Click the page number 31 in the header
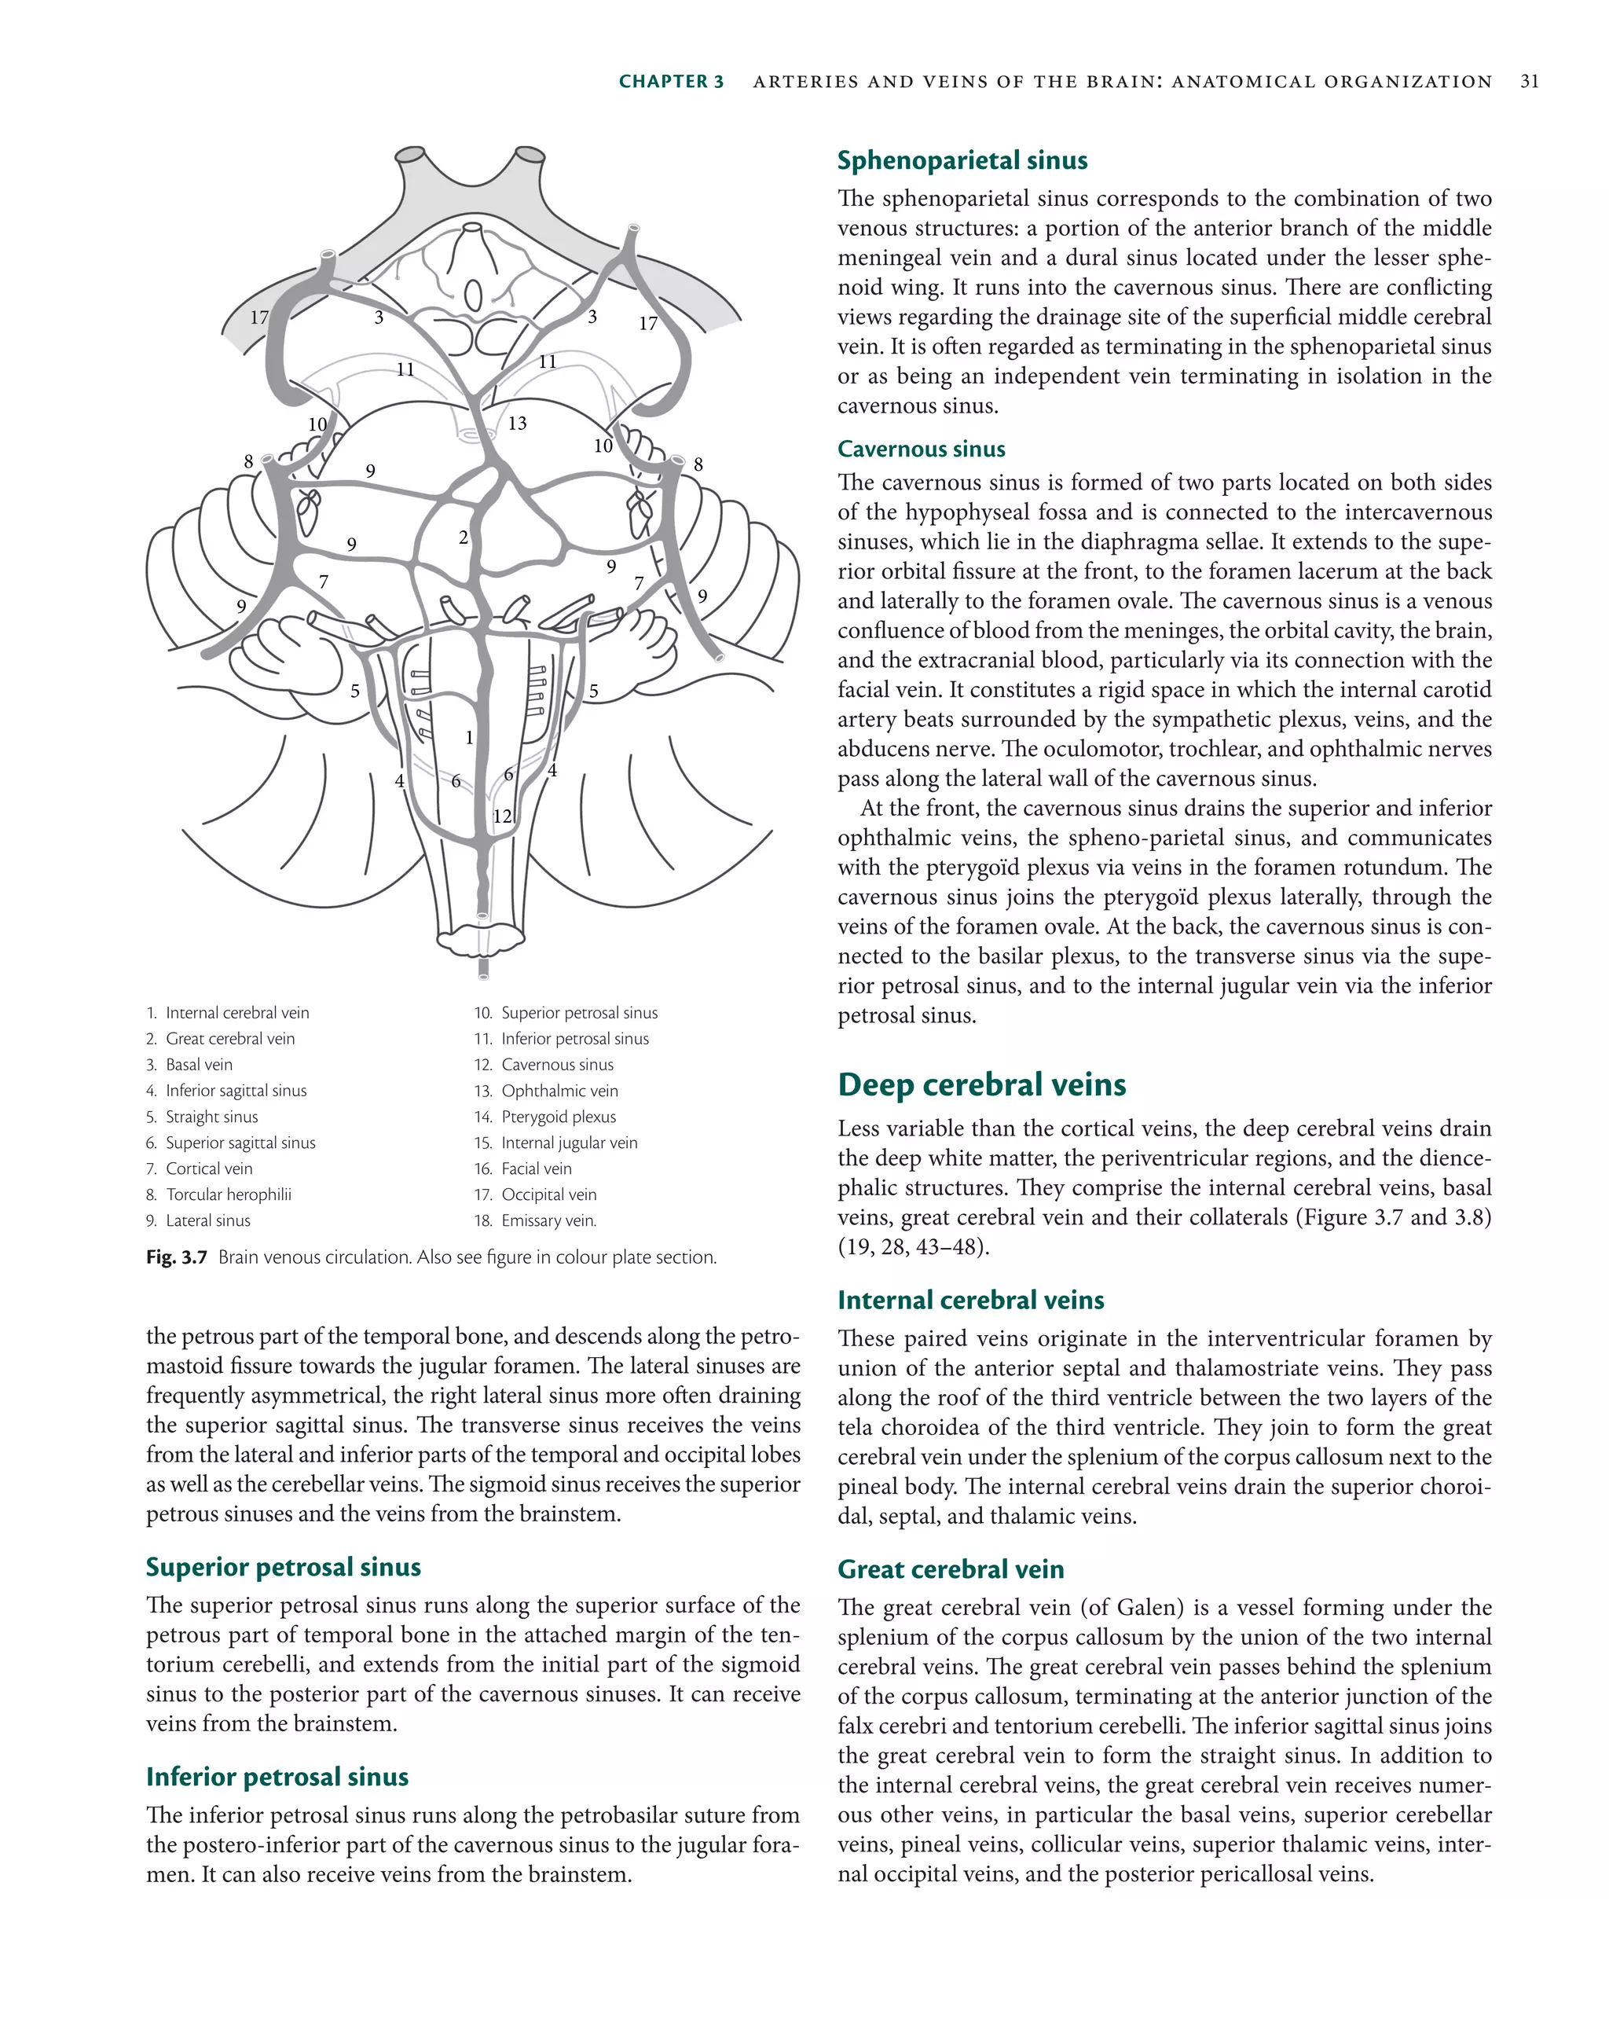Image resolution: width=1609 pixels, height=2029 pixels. tap(1529, 82)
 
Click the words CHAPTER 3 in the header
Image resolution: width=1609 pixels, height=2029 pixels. tap(671, 82)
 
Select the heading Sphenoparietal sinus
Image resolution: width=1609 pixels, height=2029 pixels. tap(962, 161)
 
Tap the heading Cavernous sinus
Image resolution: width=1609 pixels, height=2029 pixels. tap(920, 449)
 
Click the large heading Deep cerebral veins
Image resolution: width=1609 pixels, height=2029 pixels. tap(981, 1084)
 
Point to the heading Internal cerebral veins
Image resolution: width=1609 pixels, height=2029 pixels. tap(970, 1300)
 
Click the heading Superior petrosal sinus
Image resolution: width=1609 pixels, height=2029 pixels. tap(283, 1566)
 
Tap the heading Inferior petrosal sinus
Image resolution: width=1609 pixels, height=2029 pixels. tap(277, 1776)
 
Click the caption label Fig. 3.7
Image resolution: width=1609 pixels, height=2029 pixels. tap(176, 1257)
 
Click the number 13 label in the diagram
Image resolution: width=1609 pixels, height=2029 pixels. tap(518, 424)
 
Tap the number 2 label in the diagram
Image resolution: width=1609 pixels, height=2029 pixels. tap(463, 538)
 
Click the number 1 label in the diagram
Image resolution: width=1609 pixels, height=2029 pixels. tap(468, 738)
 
